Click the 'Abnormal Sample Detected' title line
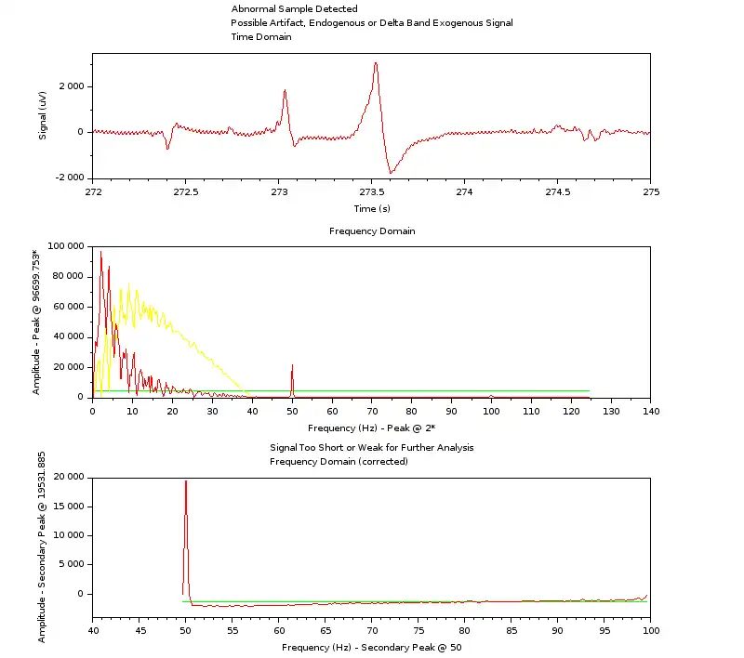pos(294,9)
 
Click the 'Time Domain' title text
pos(261,37)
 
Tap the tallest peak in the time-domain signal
pos(376,63)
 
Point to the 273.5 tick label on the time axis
pos(372,191)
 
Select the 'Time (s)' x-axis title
pos(372,208)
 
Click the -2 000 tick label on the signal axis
pos(64,178)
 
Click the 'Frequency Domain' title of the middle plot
pos(372,230)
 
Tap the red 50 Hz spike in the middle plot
pos(292,368)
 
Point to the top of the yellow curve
pos(129,283)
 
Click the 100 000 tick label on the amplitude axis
pos(60,246)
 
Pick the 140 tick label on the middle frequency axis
pos(650,410)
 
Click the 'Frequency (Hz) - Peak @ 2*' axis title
pos(372,428)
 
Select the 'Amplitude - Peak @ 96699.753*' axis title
pos(36,321)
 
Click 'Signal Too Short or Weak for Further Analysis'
pos(371,447)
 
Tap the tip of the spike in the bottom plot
pos(186,481)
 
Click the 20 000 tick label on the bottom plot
pos(62,477)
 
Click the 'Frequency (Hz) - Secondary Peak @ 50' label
pos(372,647)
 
